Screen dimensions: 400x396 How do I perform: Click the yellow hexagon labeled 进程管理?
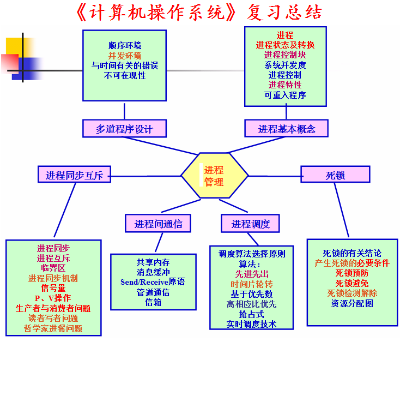(x=215, y=176)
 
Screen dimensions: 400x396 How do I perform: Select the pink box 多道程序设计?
(x=124, y=128)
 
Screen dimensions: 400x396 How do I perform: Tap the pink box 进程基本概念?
(x=286, y=128)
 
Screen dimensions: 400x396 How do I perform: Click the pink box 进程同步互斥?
(x=74, y=175)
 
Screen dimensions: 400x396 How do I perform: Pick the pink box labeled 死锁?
(x=335, y=174)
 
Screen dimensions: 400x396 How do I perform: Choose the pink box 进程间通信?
(x=158, y=224)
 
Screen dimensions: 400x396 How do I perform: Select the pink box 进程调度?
(x=250, y=224)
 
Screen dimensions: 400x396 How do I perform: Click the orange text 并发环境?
(x=125, y=56)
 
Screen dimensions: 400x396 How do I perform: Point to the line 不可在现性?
(x=125, y=75)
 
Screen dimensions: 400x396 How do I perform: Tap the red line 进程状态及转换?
(x=285, y=45)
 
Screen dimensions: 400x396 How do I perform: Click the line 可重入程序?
(x=285, y=95)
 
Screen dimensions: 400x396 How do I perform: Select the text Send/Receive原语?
(x=153, y=282)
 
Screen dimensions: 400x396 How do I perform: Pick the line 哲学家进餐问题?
(x=53, y=328)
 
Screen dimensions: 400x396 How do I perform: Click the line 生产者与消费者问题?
(x=53, y=308)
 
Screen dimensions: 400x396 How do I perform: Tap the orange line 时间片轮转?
(x=252, y=284)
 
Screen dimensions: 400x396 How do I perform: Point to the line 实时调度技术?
(x=252, y=324)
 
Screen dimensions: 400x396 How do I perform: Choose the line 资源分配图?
(x=352, y=303)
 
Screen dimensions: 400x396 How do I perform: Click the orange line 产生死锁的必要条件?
(x=352, y=263)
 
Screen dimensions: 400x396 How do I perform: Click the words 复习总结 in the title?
(x=284, y=12)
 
